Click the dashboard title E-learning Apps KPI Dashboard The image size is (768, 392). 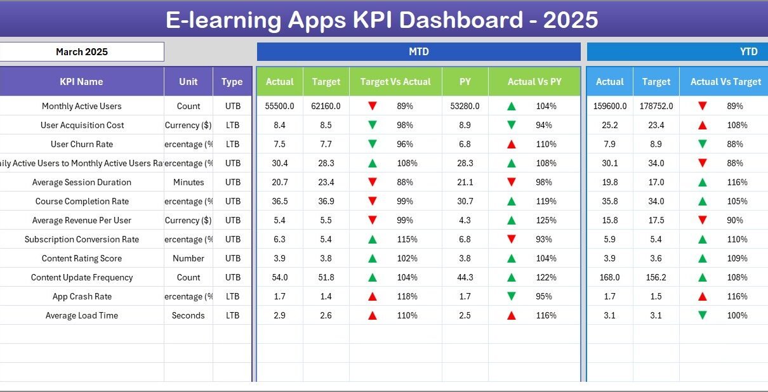tap(381, 20)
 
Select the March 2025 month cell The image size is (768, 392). tap(82, 52)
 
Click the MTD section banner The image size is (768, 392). tap(418, 52)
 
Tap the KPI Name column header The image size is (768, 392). tap(81, 82)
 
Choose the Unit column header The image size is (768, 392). tap(188, 82)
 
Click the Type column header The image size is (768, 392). tap(232, 82)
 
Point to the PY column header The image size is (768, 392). tap(465, 82)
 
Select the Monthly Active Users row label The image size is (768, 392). tap(81, 106)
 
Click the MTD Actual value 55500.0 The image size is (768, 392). tap(279, 106)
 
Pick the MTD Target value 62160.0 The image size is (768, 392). tap(326, 106)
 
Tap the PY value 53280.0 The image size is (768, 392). tap(465, 106)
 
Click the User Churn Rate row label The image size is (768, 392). tap(81, 144)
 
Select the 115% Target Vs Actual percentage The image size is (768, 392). tap(407, 239)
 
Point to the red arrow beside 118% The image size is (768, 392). tap(373, 296)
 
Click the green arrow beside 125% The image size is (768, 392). tap(511, 220)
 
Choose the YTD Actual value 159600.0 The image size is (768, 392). tap(609, 106)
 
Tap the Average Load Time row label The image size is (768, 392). tap(81, 315)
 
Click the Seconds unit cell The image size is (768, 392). tap(188, 315)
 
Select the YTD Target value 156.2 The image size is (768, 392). tap(656, 277)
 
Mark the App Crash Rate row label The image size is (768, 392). tap(81, 296)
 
